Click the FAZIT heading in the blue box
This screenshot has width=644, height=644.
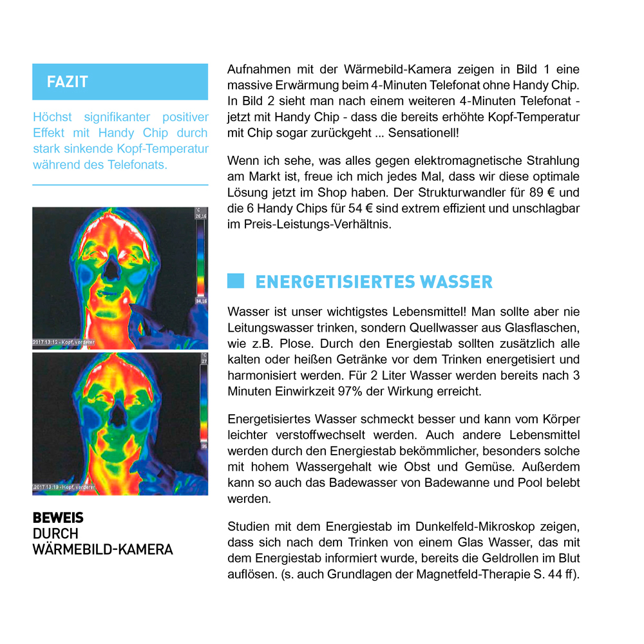(67, 82)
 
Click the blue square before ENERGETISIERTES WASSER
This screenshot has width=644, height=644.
(236, 281)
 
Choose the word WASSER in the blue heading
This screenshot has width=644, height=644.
(456, 282)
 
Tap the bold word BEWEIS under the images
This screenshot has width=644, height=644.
(58, 518)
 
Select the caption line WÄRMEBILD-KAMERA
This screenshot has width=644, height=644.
(103, 549)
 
